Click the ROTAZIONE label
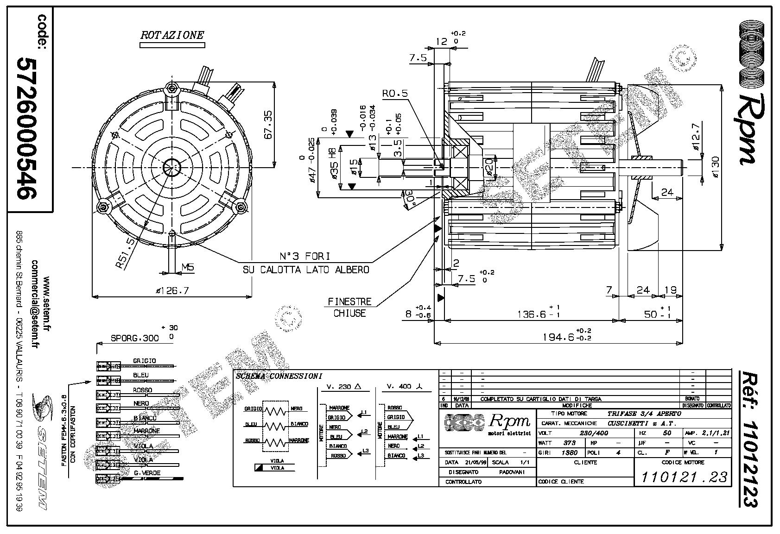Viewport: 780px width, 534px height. tap(172, 35)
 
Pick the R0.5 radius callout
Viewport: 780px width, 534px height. tap(395, 93)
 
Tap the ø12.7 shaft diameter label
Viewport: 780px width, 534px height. tap(696, 139)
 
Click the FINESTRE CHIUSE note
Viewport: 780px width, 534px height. tap(350, 307)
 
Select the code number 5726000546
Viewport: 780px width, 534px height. tap(26, 128)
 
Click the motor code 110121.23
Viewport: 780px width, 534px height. tap(684, 477)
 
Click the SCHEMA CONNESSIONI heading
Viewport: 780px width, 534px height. tap(279, 376)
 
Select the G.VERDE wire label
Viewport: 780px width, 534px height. tap(144, 473)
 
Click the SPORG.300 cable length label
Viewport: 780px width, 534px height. tap(135, 338)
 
